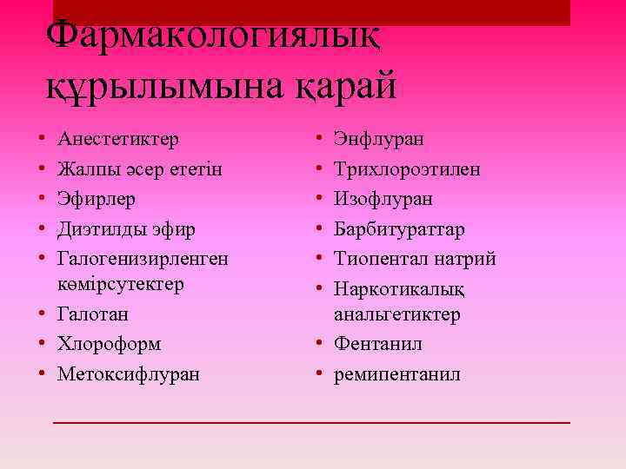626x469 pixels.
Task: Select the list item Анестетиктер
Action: (118, 139)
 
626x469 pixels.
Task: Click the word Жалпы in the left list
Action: (83, 169)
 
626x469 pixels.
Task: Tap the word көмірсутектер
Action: (121, 284)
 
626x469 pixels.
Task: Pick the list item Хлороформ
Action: (109, 344)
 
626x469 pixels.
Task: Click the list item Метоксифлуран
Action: (128, 374)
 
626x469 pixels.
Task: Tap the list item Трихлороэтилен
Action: (407, 169)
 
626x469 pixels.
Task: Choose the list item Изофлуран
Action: (383, 199)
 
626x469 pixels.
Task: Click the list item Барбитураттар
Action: (400, 229)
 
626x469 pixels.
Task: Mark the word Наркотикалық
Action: (399, 288)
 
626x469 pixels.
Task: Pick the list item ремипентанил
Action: (397, 374)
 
